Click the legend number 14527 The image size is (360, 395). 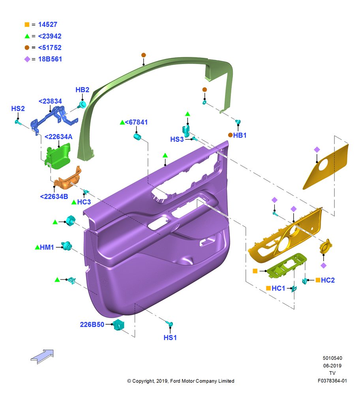[48, 24]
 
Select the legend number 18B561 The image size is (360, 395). [50, 59]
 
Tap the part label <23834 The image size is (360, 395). [50, 101]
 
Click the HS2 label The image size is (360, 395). [18, 109]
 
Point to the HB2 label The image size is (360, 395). [82, 90]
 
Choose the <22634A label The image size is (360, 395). [58, 137]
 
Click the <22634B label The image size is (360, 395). [54, 196]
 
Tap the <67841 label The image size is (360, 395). [136, 122]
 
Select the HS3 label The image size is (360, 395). [177, 139]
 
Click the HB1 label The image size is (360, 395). [240, 135]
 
